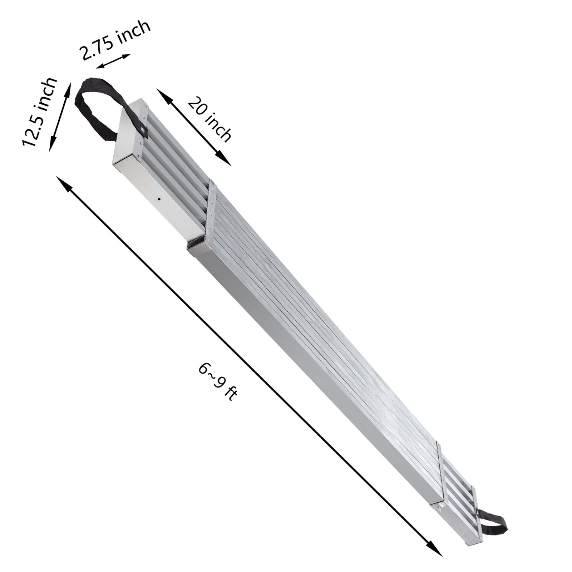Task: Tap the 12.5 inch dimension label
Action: tap(40, 111)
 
